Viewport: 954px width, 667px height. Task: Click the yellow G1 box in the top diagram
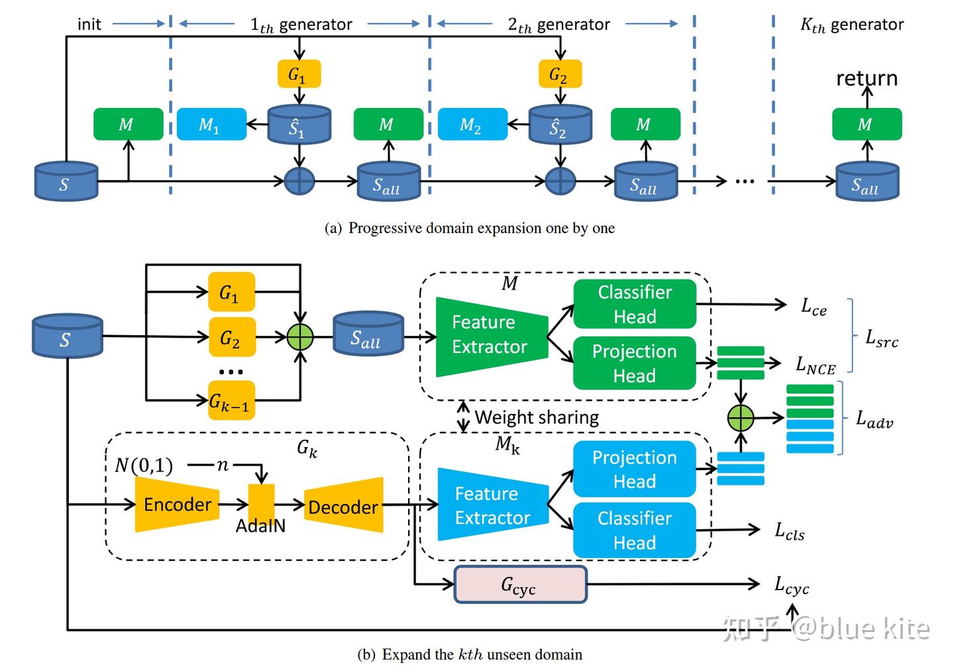click(x=299, y=74)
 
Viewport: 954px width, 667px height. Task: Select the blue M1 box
click(x=211, y=125)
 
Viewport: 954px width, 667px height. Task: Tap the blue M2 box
click(x=473, y=125)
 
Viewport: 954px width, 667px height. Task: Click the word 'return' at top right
click(x=867, y=78)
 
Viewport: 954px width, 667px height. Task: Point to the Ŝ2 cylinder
click(x=560, y=125)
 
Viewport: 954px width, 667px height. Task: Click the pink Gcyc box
click(x=520, y=584)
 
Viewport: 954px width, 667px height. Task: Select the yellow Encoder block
click(x=177, y=505)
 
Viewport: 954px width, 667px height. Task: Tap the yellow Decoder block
click(x=343, y=506)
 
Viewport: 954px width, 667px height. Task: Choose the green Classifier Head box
click(x=634, y=304)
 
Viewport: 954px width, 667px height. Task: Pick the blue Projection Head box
click(x=634, y=469)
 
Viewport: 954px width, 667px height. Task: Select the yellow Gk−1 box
click(x=231, y=401)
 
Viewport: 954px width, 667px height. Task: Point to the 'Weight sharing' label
click(x=537, y=417)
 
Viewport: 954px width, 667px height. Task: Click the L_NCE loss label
click(x=815, y=364)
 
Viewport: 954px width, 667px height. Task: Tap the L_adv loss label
click(x=874, y=419)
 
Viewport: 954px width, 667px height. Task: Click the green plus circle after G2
click(x=299, y=337)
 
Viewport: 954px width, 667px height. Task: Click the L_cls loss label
click(x=790, y=531)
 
